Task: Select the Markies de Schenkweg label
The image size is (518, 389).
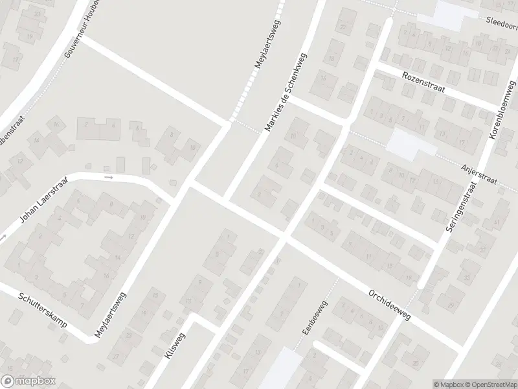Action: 285,92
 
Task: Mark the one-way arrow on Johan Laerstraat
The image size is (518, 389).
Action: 109,176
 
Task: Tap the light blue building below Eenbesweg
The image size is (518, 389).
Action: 280,370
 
